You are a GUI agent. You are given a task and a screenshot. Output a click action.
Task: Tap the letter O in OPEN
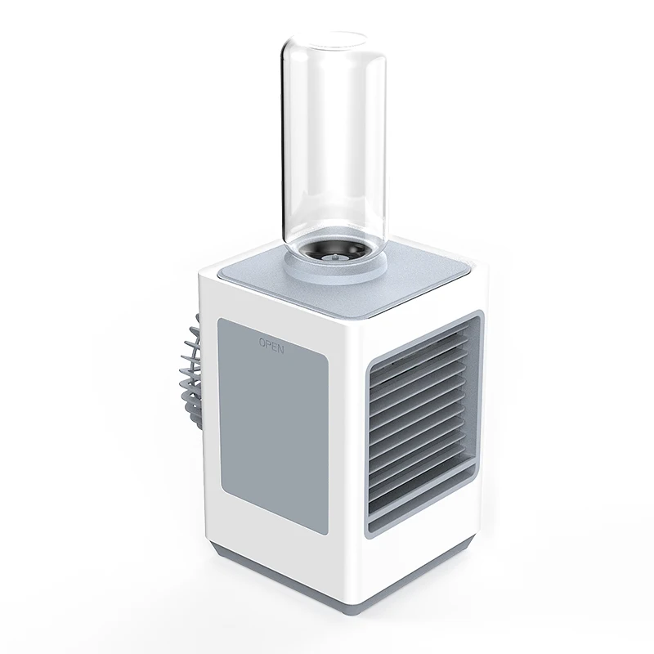(262, 344)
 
